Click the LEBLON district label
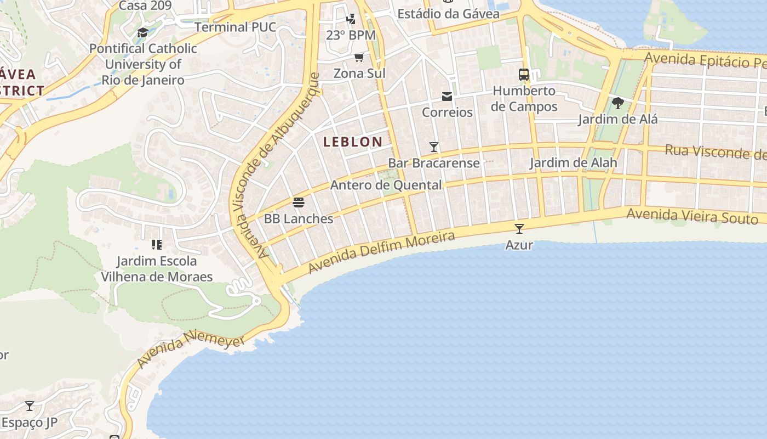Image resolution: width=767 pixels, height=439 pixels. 353,142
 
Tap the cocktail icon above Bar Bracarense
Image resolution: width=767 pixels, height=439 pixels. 434,147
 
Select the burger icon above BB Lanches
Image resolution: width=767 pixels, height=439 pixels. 299,202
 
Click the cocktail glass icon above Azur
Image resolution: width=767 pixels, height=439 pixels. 519,228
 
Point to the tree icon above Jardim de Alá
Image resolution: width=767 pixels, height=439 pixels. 617,103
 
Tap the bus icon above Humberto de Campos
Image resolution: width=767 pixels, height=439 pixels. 524,74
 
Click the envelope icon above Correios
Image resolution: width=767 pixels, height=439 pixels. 447,97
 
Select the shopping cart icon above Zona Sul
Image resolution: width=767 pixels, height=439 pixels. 359,57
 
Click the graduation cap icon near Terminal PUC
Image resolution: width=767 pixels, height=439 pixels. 142,32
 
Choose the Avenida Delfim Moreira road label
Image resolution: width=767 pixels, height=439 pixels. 381,252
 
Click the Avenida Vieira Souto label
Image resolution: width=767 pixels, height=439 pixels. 692,216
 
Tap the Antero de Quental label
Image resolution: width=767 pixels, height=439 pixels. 386,185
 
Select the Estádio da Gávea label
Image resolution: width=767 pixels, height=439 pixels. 448,14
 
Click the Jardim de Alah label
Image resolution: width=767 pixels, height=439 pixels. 573,162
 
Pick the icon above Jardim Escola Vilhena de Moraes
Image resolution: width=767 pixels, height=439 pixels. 157,244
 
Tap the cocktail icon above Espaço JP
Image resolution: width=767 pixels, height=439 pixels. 30,406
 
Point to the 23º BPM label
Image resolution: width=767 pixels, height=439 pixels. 351,35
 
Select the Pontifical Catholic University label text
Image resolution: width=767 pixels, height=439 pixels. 143,64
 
